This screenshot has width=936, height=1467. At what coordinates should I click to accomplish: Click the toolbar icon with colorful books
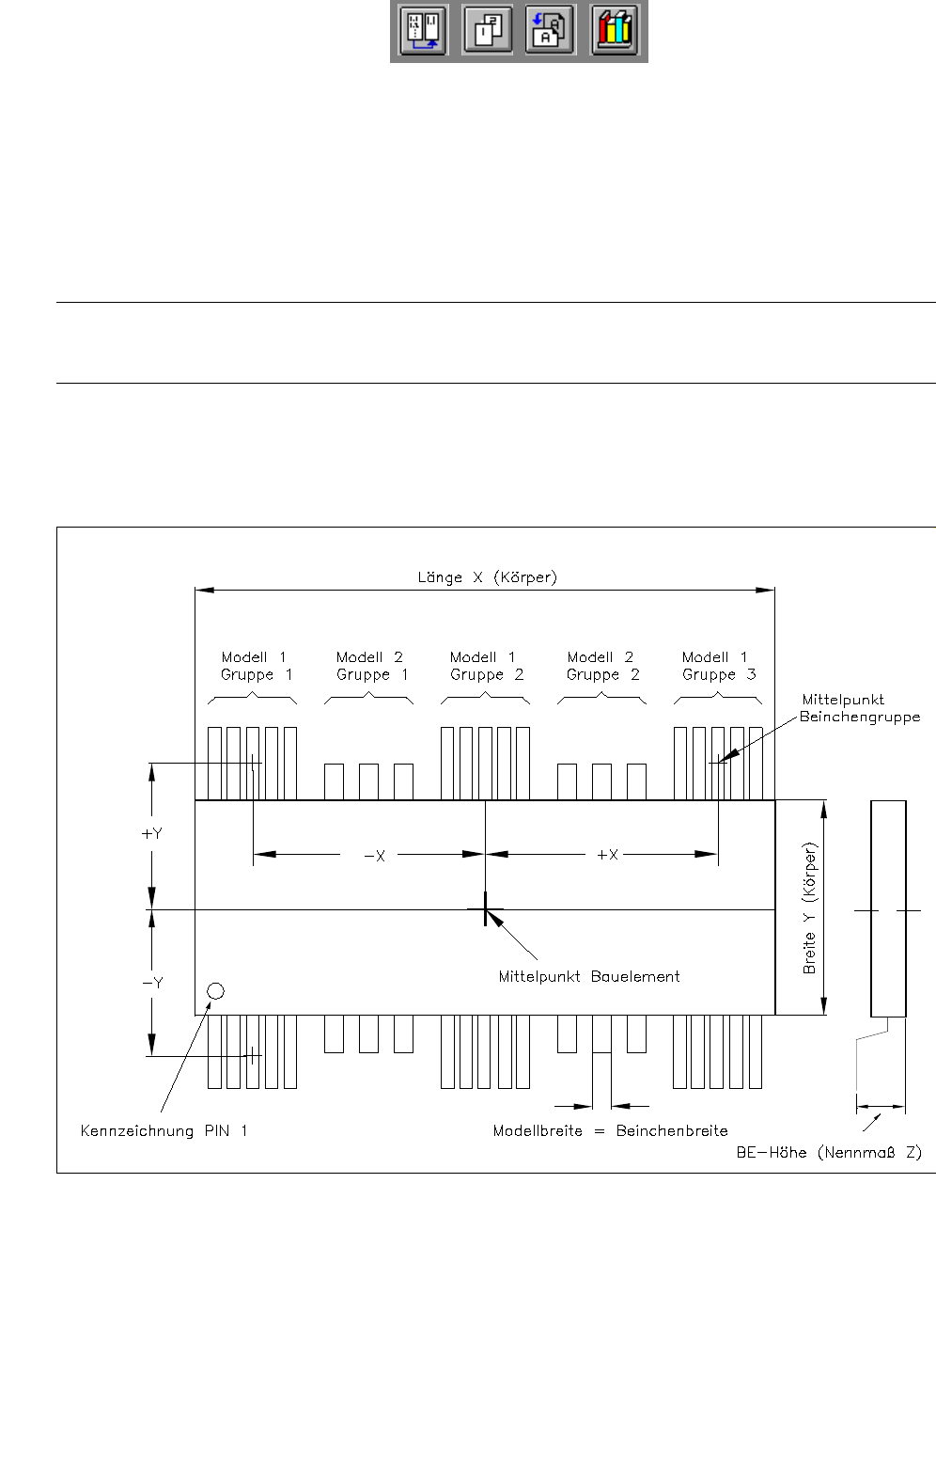pos(615,30)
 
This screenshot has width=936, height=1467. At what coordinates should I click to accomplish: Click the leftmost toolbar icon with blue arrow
pos(423,30)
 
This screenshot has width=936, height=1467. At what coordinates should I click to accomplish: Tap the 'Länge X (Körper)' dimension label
pos(487,577)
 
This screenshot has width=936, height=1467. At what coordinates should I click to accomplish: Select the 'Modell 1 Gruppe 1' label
pos(256,666)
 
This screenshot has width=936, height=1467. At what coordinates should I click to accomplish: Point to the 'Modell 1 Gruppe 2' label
pos(486,666)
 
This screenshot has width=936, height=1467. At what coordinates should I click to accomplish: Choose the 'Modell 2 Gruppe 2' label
pos(602,666)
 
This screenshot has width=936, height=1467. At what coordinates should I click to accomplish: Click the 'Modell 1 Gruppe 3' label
pos(718,666)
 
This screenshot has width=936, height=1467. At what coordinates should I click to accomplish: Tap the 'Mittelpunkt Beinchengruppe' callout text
pos(859,708)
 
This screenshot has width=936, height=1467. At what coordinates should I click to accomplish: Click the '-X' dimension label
pos(374,856)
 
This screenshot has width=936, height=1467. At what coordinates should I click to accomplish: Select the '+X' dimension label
pos(607,855)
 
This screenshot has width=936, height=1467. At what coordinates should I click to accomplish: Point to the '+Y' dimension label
pos(151,834)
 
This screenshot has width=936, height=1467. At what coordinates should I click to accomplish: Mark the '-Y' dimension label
pos(152,983)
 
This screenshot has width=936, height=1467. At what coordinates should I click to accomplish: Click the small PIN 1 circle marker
pos(215,991)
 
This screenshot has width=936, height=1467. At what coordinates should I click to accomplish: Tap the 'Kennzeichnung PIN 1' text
pos(164,1130)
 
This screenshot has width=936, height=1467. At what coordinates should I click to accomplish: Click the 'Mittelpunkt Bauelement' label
pos(588,976)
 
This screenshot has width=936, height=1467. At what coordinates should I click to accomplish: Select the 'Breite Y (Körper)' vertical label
pos(810,907)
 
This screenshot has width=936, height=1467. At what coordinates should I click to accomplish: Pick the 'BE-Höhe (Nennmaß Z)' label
pos(829,1152)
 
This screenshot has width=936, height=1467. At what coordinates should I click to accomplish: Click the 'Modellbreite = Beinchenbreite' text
pos(610,1130)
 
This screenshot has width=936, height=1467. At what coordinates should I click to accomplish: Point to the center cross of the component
pos(485,909)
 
